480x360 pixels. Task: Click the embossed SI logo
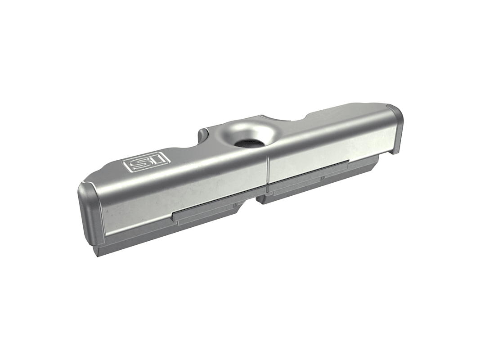click(x=146, y=161)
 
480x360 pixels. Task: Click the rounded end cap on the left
click(x=90, y=214)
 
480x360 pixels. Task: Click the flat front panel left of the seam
click(x=184, y=195)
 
